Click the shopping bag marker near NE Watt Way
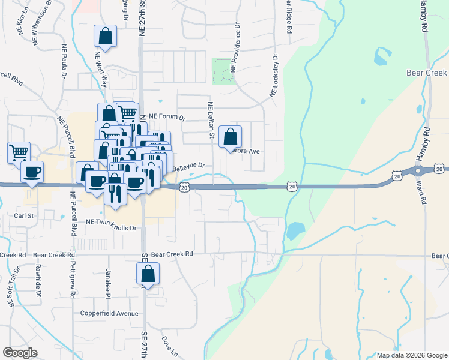[106, 36]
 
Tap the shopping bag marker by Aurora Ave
[231, 137]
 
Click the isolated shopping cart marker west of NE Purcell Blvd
[19, 152]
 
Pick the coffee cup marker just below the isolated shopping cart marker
[32, 172]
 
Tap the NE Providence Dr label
[237, 48]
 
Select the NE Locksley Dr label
[274, 76]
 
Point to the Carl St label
[24, 214]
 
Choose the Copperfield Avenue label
[110, 314]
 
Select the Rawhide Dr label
[38, 281]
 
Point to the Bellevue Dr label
[189, 166]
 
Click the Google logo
[20, 352]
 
